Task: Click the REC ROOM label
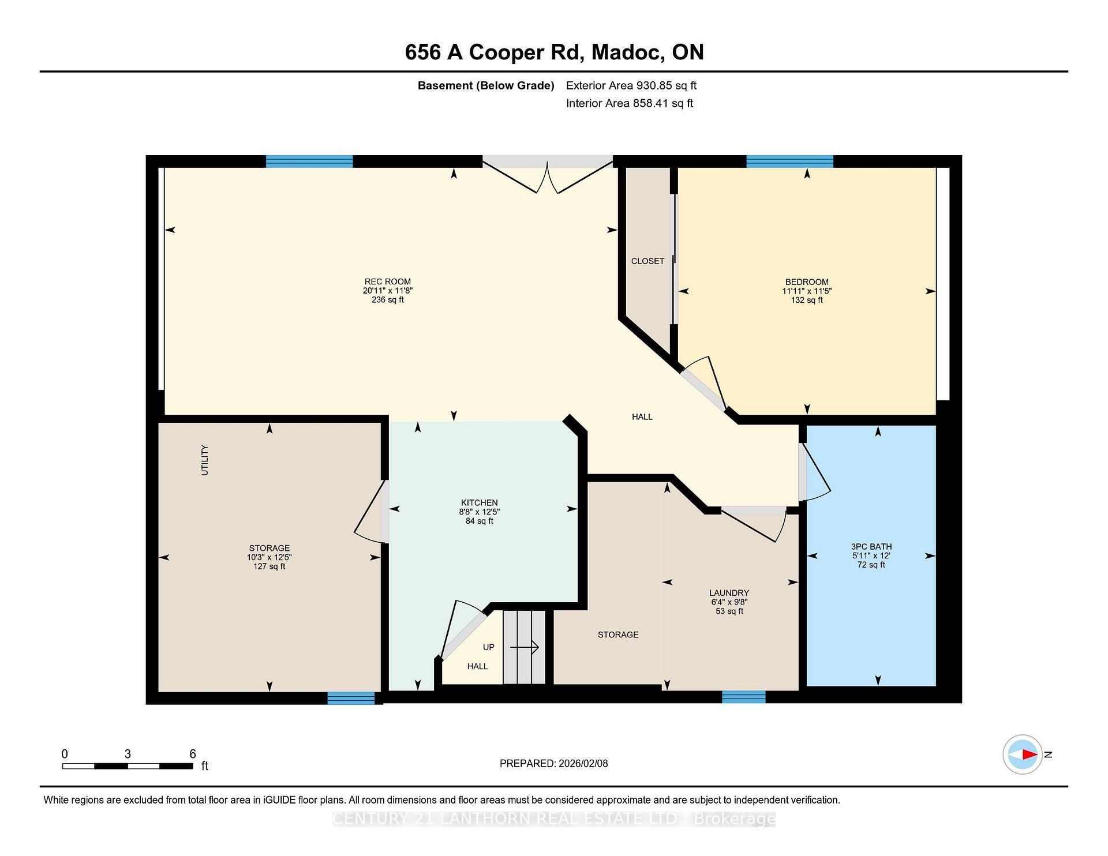pyautogui.click(x=387, y=282)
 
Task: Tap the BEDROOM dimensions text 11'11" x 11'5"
pyautogui.click(x=806, y=291)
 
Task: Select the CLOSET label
pyautogui.click(x=647, y=261)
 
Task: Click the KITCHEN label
pyautogui.click(x=479, y=502)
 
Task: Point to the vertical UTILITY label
pyautogui.click(x=204, y=460)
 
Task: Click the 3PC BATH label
pyautogui.click(x=871, y=546)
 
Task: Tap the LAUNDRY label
pyautogui.click(x=729, y=593)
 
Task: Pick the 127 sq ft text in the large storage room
pyautogui.click(x=269, y=566)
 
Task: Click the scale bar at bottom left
pyautogui.click(x=128, y=766)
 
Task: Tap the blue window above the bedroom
pyautogui.click(x=789, y=162)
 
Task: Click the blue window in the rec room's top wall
pyautogui.click(x=309, y=162)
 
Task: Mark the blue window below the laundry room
pyautogui.click(x=743, y=697)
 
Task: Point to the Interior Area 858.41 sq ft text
pyautogui.click(x=629, y=103)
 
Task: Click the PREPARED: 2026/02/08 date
pyautogui.click(x=553, y=764)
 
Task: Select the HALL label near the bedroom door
pyautogui.click(x=642, y=417)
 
